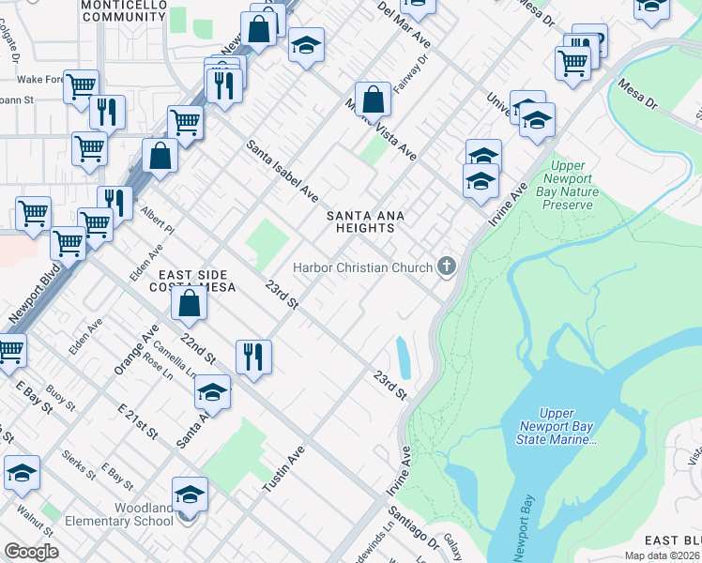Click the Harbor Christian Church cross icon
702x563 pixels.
pyautogui.click(x=446, y=267)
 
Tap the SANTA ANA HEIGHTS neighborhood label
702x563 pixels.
pyautogui.click(x=365, y=221)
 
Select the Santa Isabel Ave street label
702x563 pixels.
pyautogui.click(x=282, y=172)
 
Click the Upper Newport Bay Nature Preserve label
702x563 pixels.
pyautogui.click(x=567, y=186)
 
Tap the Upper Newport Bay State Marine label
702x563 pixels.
pyautogui.click(x=567, y=426)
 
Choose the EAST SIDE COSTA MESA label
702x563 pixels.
pyautogui.click(x=191, y=281)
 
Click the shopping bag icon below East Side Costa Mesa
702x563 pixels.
pyautogui.click(x=190, y=303)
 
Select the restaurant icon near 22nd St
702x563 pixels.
pyautogui.click(x=253, y=356)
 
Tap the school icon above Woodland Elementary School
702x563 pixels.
pyautogui.click(x=190, y=494)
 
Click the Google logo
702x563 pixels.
pyautogui.click(x=31, y=551)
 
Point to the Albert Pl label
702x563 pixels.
pyautogui.click(x=158, y=222)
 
